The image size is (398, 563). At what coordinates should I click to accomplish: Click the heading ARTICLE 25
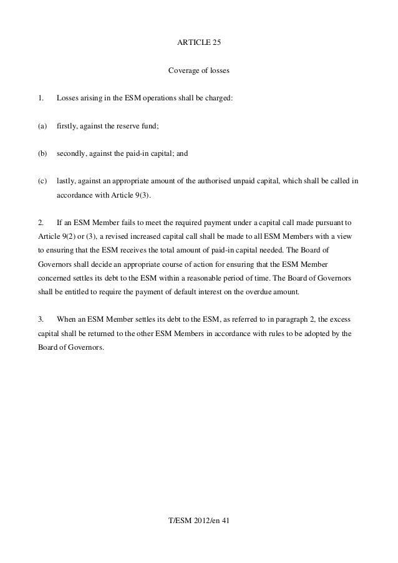199,43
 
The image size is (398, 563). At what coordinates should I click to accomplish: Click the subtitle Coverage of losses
199,71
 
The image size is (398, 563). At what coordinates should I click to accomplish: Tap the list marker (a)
42,127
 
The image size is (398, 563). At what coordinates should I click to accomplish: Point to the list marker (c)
42,181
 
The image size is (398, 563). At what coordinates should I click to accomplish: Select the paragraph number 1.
41,99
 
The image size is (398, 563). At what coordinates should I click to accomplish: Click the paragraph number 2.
41,223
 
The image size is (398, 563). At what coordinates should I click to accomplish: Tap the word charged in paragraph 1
218,99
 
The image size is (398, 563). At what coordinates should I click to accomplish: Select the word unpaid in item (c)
289,181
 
